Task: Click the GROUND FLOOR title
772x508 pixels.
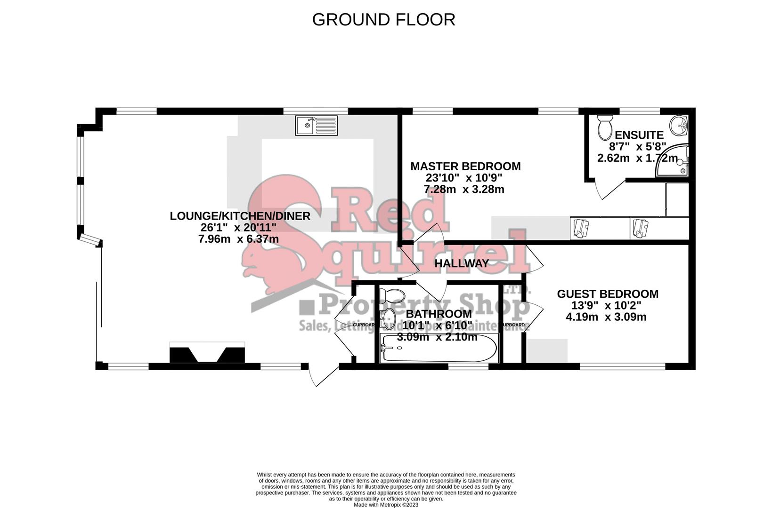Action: coord(383,20)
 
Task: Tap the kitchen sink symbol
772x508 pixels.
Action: coord(317,126)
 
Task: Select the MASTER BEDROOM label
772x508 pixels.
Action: coord(465,167)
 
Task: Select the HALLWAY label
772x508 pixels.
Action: coord(462,263)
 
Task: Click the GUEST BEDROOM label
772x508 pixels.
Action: coord(608,294)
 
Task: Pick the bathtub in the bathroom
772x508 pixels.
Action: coord(439,349)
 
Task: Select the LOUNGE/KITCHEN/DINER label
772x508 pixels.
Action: coord(240,216)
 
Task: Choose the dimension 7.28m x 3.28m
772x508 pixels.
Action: coord(464,189)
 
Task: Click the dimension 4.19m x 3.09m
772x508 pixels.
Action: coord(606,317)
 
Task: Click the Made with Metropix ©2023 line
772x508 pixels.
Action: coord(386,505)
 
